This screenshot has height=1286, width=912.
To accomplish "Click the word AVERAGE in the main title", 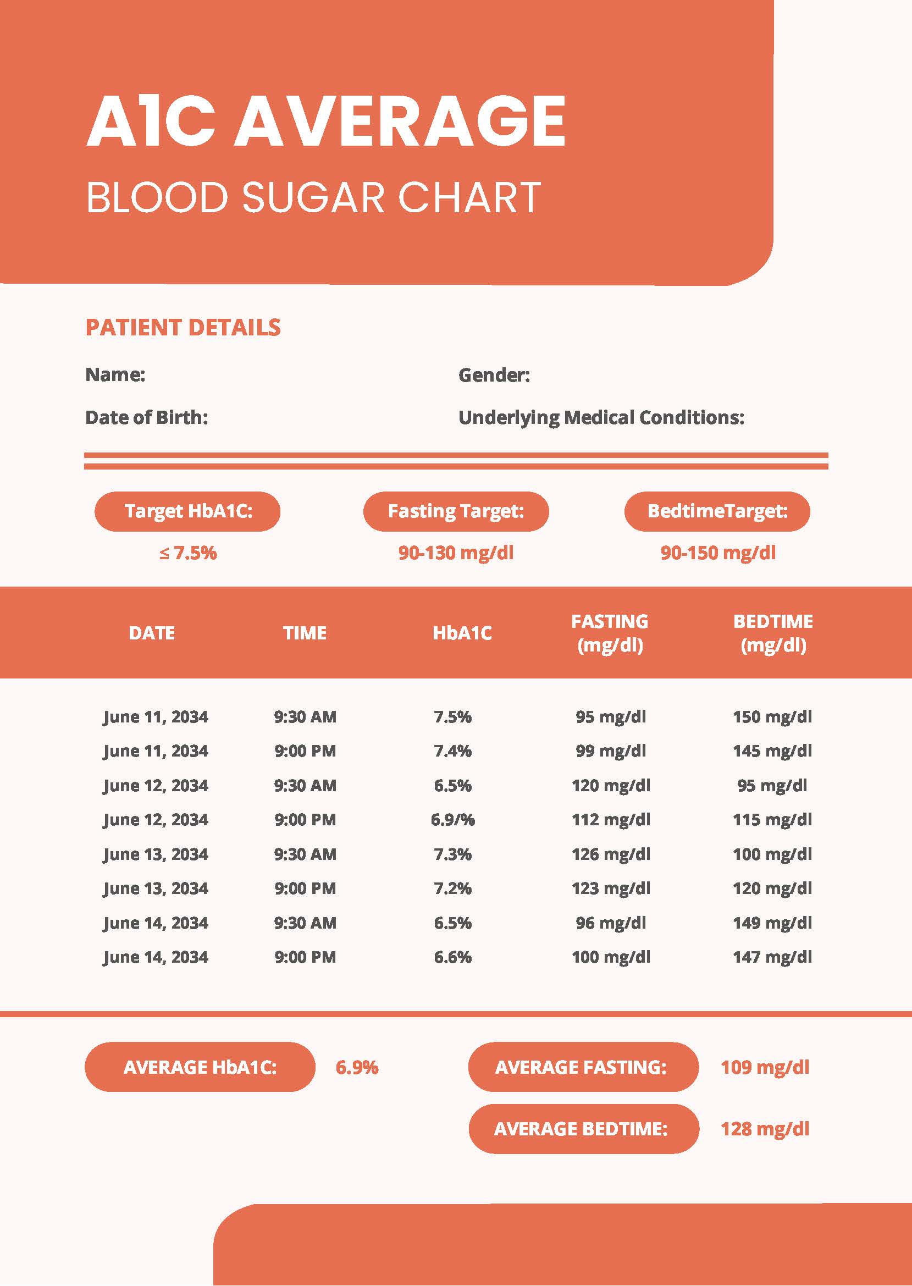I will [x=400, y=121].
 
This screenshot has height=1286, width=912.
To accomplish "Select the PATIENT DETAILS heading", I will [x=183, y=327].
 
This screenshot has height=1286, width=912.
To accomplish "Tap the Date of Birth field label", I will [x=147, y=417].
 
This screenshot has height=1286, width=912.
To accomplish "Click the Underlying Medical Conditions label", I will [x=601, y=417].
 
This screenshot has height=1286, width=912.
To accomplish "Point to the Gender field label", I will [x=494, y=374].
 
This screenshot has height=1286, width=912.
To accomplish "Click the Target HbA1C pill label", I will [x=187, y=511].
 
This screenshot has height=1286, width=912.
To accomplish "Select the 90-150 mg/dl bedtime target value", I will [x=717, y=553].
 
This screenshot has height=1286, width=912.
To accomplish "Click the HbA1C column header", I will [x=462, y=633].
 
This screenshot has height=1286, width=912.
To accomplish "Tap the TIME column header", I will [x=305, y=633].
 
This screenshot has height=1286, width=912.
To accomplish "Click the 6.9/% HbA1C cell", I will [x=452, y=819].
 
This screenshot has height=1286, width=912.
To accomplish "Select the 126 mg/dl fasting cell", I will [x=610, y=854].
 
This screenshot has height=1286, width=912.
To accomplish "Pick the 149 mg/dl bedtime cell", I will [x=772, y=923].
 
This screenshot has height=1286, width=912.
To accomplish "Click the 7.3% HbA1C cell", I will [x=452, y=854].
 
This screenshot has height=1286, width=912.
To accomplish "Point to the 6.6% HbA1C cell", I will [x=452, y=957].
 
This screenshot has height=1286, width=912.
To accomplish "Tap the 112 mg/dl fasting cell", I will [x=610, y=819].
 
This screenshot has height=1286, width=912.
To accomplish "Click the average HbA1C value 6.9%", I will [x=357, y=1067].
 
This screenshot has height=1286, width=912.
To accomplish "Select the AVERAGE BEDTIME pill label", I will [x=581, y=1129].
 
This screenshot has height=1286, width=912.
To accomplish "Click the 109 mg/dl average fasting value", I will [x=764, y=1067].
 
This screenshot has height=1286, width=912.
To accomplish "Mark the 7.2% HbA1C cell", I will [x=452, y=888].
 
